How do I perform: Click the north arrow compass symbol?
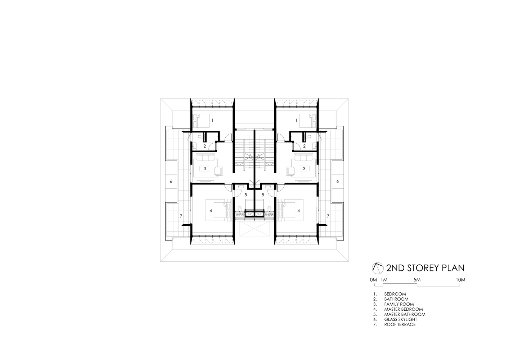(x=377, y=268)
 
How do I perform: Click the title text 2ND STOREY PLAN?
(x=425, y=268)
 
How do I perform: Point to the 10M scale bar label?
(x=460, y=280)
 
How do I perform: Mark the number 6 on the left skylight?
(x=171, y=181)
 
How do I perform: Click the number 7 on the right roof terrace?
(x=328, y=216)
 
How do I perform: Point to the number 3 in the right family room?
(x=304, y=168)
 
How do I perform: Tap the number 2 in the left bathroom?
(x=204, y=146)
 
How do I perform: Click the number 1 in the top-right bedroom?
(x=296, y=120)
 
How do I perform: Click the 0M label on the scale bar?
(x=373, y=280)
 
